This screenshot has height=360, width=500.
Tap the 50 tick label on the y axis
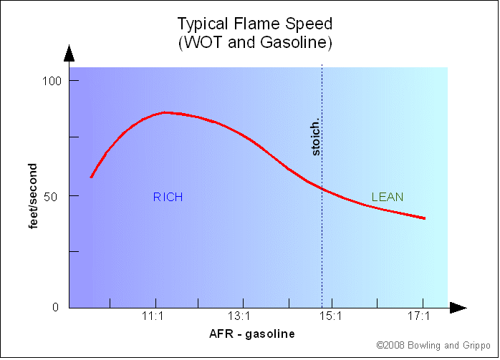pyautogui.click(x=54, y=195)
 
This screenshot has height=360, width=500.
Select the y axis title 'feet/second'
pyautogui.click(x=33, y=195)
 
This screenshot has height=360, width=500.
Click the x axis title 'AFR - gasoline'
pyautogui.click(x=251, y=334)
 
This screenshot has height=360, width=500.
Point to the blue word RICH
pyautogui.click(x=168, y=197)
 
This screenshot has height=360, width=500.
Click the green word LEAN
pyautogui.click(x=387, y=197)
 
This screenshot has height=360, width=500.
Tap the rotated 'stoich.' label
pyautogui.click(x=316, y=138)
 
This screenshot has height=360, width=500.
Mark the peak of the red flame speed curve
pyautogui.click(x=165, y=112)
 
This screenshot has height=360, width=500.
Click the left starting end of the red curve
pyautogui.click(x=91, y=177)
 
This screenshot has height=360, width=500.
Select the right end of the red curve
pyautogui.click(x=425, y=218)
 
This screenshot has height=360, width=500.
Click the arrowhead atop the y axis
pyautogui.click(x=69, y=53)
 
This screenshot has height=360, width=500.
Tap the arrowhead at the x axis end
pyautogui.click(x=458, y=308)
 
